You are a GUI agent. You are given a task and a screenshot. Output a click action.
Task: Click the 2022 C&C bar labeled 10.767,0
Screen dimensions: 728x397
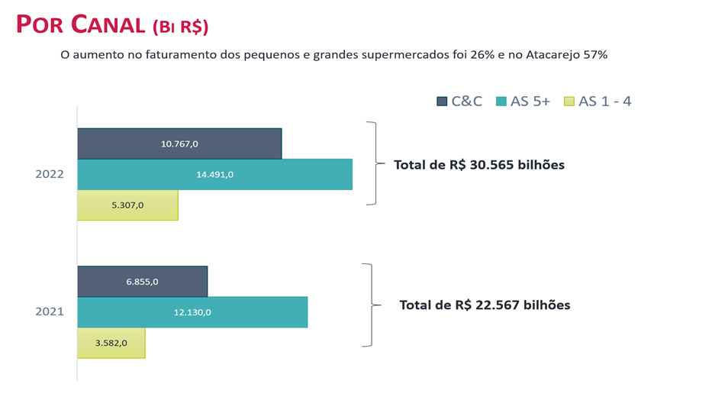pyautogui.click(x=179, y=144)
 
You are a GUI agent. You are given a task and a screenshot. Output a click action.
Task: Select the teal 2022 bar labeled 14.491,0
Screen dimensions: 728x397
pyautogui.click(x=215, y=174)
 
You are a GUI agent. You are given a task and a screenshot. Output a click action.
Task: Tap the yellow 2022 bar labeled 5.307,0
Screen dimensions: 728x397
pyautogui.click(x=127, y=205)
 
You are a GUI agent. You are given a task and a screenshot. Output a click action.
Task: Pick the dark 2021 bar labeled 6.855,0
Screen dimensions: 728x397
pyautogui.click(x=143, y=282)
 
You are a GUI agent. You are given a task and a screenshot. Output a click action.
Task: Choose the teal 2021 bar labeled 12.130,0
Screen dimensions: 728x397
pyautogui.click(x=192, y=312)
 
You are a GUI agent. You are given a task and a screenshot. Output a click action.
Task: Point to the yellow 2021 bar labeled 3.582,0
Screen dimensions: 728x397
pyautogui.click(x=111, y=343)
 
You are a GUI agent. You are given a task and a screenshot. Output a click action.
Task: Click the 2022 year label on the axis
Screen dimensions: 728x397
pyautogui.click(x=50, y=174)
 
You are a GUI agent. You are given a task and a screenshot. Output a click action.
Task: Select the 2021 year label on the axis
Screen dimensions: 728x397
pyautogui.click(x=50, y=311)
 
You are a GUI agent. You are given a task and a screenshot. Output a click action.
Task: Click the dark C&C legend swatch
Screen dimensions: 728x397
pyautogui.click(x=442, y=102)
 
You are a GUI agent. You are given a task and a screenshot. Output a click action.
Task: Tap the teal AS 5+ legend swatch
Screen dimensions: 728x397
pyautogui.click(x=501, y=102)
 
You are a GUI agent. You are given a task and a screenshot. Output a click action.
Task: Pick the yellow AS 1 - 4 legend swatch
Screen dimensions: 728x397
pyautogui.click(x=569, y=102)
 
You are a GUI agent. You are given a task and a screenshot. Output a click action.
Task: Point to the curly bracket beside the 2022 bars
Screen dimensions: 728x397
pyautogui.click(x=375, y=163)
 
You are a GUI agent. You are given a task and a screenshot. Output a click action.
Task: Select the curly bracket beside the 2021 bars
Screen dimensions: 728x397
pyautogui.click(x=372, y=305)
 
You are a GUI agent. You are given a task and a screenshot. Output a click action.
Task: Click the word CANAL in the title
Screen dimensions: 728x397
pyautogui.click(x=108, y=24)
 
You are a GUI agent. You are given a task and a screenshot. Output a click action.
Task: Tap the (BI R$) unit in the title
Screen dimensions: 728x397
pyautogui.click(x=181, y=27)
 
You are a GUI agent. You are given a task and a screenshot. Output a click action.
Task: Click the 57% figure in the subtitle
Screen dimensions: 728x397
pyautogui.click(x=595, y=55)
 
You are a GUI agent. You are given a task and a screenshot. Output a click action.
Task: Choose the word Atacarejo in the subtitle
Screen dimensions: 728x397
pyautogui.click(x=552, y=55)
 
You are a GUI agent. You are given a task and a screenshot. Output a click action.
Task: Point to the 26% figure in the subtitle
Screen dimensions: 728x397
pyautogui.click(x=482, y=55)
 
